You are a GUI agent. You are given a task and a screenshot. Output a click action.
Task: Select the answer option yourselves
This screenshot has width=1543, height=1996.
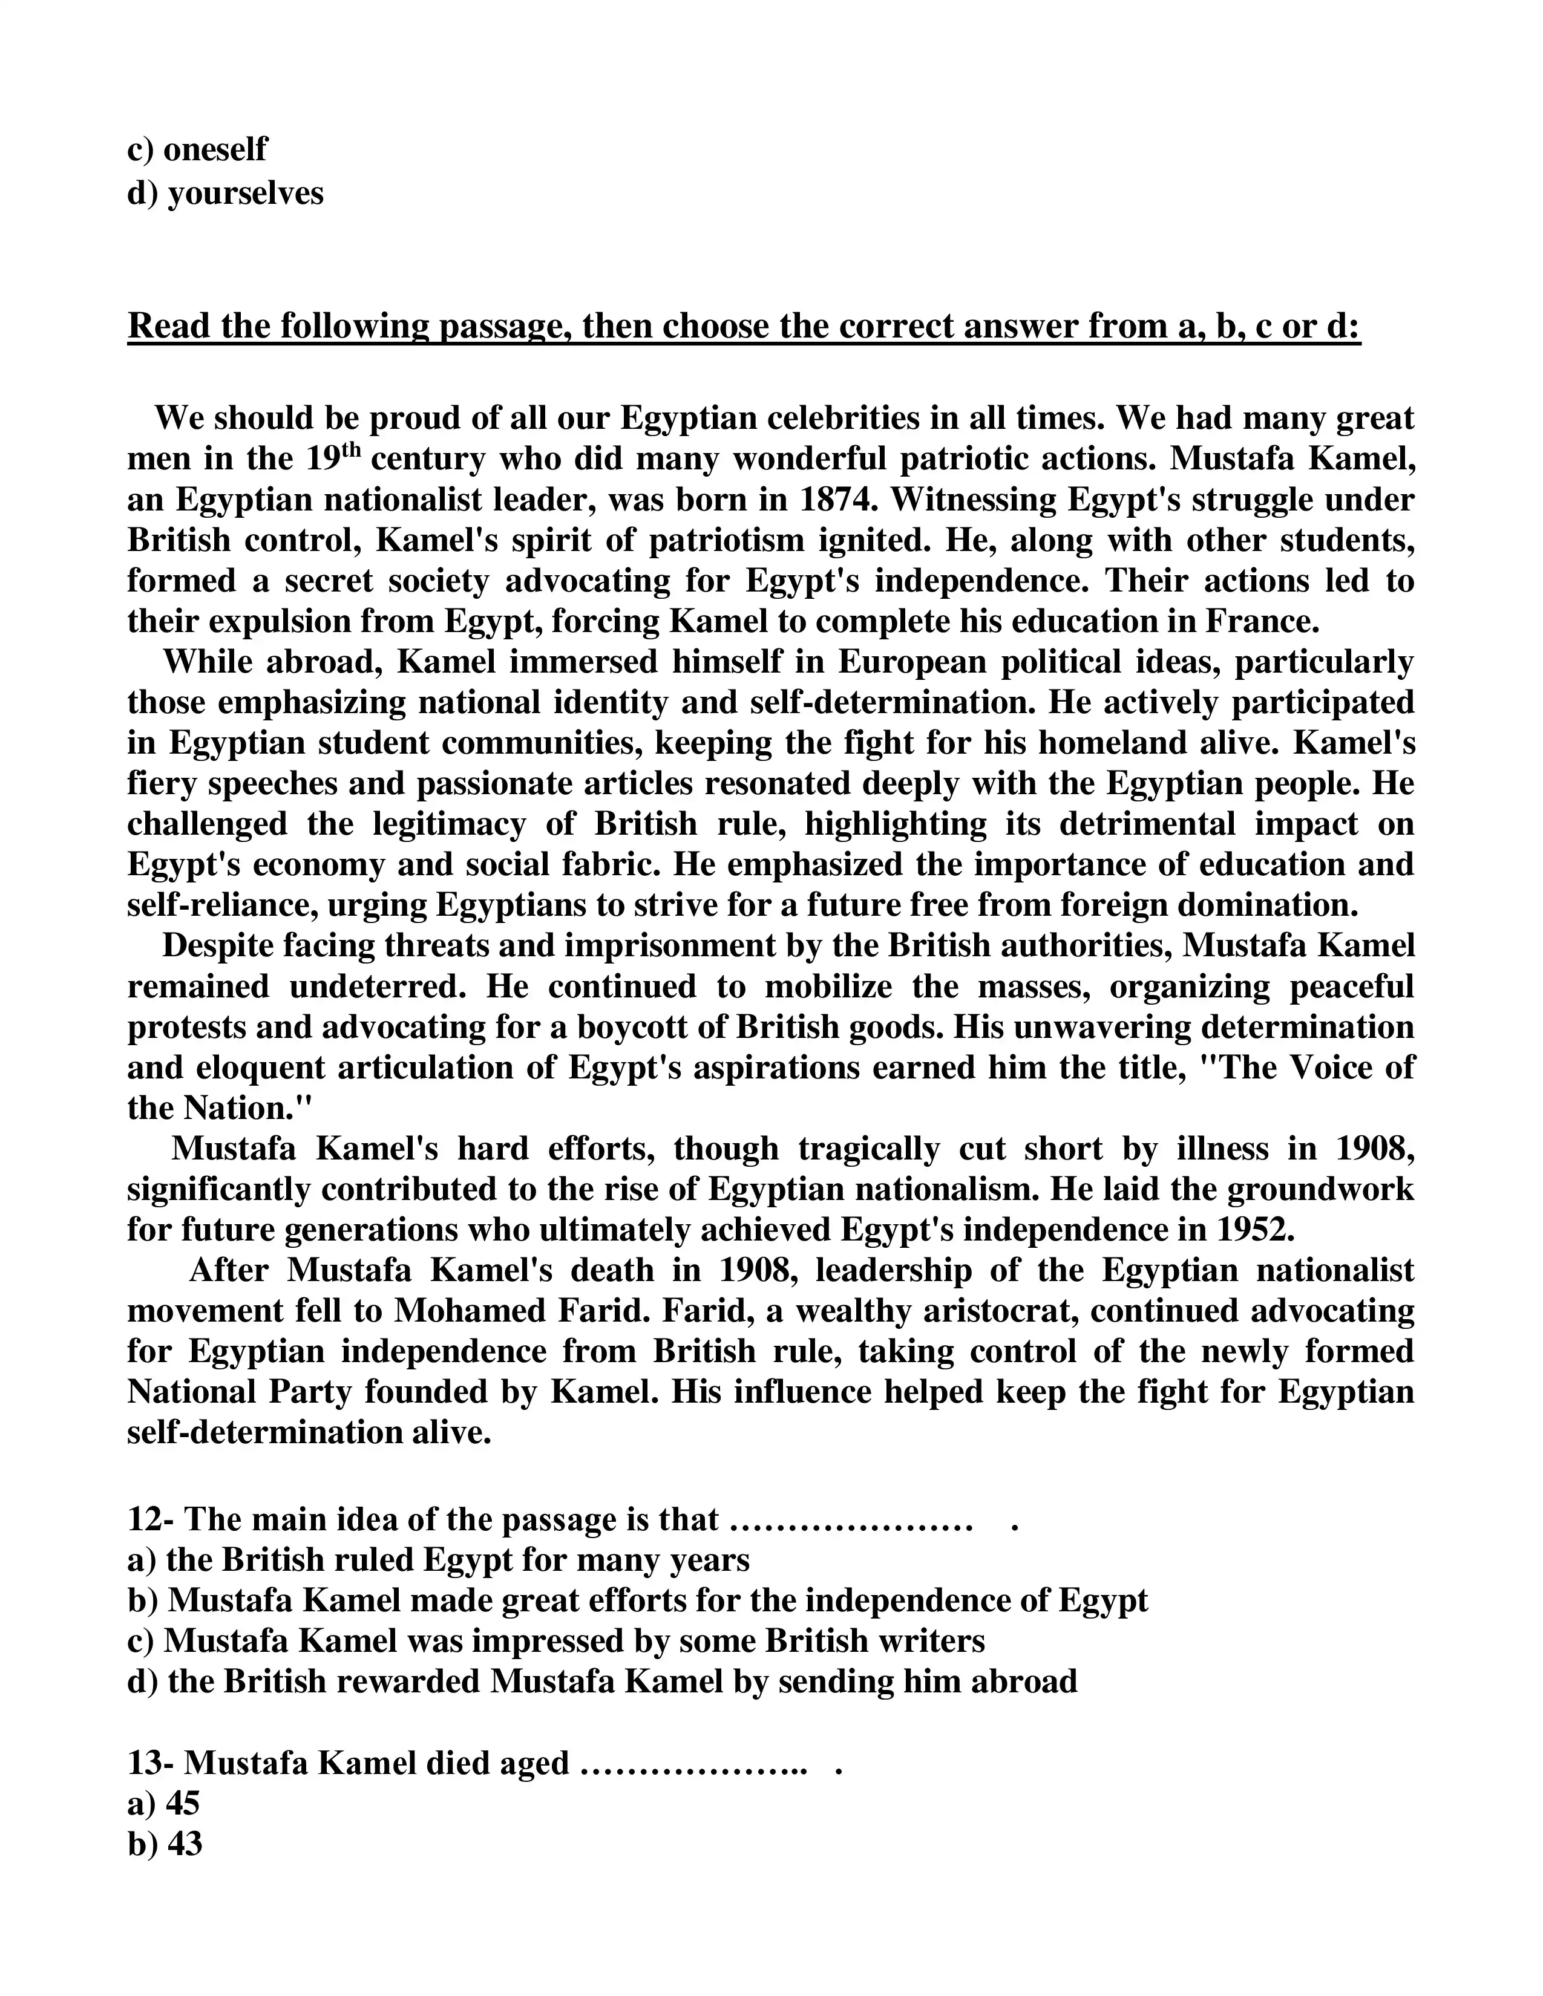(245, 193)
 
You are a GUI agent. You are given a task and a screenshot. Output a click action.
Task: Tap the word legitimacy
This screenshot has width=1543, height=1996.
(449, 823)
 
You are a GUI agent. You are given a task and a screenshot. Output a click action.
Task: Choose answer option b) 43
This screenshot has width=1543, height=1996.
(165, 1844)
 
